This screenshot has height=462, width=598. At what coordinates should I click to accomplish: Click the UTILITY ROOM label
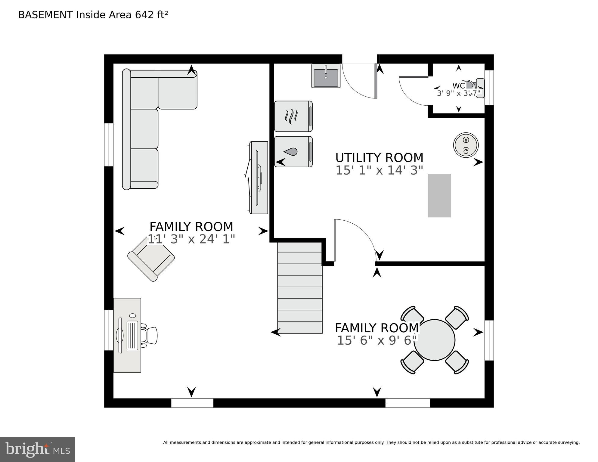tap(379, 158)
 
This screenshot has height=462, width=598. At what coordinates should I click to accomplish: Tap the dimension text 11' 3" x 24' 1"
tap(191, 239)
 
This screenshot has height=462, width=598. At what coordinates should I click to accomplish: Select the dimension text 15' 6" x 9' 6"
tap(377, 340)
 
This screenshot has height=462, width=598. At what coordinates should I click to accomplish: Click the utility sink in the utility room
tap(326, 76)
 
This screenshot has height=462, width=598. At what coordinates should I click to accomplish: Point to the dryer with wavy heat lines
tap(293, 116)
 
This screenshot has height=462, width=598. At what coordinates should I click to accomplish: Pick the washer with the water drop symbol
tap(293, 152)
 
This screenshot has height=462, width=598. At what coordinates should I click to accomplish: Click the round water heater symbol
tap(466, 145)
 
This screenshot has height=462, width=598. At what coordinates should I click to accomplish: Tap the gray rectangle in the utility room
tap(439, 196)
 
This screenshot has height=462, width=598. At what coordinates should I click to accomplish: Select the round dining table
tap(434, 340)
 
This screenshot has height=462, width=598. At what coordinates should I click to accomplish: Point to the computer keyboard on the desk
tap(132, 335)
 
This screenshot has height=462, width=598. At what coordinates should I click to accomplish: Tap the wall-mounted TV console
tap(259, 178)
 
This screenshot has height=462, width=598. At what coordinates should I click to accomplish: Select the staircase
tap(300, 288)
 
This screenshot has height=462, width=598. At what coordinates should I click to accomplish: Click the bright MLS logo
tap(37, 449)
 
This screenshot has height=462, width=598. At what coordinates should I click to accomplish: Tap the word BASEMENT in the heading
tap(45, 15)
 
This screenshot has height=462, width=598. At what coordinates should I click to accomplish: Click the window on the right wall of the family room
tap(489, 340)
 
